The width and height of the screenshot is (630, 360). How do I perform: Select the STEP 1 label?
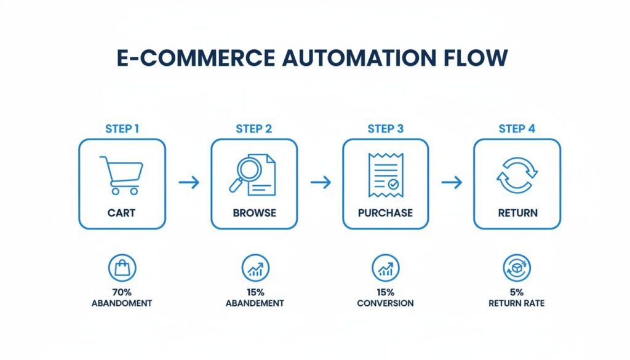pos(122,129)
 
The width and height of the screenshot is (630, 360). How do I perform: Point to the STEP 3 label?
pos(386,129)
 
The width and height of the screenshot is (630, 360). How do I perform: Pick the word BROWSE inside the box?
pos(254,213)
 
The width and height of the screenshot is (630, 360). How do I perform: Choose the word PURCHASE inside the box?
pos(385,213)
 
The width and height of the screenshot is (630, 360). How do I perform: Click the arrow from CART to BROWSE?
pos(188,182)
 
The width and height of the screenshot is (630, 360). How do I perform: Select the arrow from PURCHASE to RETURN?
pos(452,182)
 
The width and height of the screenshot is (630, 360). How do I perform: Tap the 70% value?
pos(122,292)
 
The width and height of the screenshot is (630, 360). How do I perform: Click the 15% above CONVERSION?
pos(385,292)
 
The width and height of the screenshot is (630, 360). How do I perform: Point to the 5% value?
pos(517,292)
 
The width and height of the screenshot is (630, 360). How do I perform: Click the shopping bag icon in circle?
pos(122,268)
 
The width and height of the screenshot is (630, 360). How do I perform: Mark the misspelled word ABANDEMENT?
pos(254,303)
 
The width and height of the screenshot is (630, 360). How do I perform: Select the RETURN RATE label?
pos(517,303)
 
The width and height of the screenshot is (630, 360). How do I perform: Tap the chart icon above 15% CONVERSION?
pos(385,268)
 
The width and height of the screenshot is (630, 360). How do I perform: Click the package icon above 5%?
pos(517,268)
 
